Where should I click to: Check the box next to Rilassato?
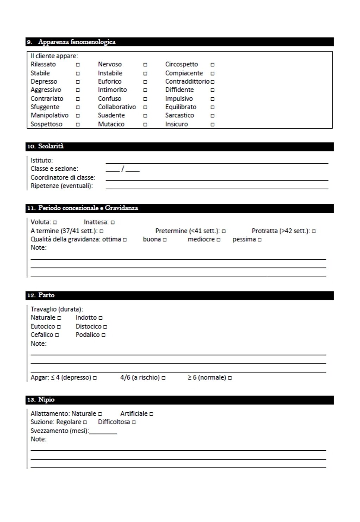coord(78,65)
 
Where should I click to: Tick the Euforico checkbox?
coord(145,82)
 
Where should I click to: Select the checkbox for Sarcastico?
coord(212,116)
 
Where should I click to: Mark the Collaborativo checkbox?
coord(145,107)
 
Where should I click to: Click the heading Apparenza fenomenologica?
coord(77,42)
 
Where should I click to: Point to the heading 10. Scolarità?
coord(45,146)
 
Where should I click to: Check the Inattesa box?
coord(113,222)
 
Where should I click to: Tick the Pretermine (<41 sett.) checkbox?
coord(224,231)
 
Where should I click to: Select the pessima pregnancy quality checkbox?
coord(259,240)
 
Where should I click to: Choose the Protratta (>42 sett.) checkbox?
coord(314,231)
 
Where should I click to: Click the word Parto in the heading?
coord(46,295)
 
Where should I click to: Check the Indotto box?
coord(101,318)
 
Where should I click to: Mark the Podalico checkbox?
coord(103,335)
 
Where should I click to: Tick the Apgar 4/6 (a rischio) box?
coord(163,378)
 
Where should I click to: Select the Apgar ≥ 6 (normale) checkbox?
coord(230,378)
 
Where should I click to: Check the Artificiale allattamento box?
coord(151,414)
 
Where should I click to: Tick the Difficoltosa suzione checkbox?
coord(134,422)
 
